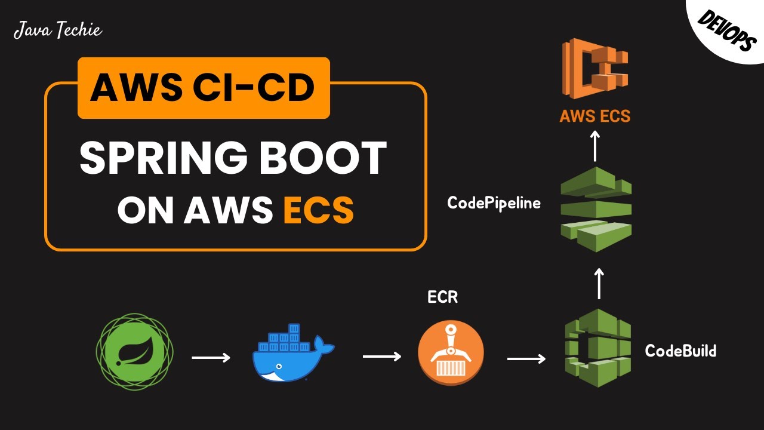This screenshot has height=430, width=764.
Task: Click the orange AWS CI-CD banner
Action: pyautogui.click(x=204, y=88)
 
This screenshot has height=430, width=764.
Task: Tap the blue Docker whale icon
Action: pyautogui.click(x=293, y=354)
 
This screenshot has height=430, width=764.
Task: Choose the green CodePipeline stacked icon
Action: pyautogui.click(x=596, y=208)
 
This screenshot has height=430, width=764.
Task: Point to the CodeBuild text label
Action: pyautogui.click(x=680, y=351)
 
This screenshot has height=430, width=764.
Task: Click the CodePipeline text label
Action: pyautogui.click(x=494, y=203)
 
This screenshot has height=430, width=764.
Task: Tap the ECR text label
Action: pyautogui.click(x=442, y=297)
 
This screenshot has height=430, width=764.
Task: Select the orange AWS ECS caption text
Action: pyautogui.click(x=594, y=115)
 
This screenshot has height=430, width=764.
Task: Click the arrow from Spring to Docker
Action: pyautogui.click(x=211, y=358)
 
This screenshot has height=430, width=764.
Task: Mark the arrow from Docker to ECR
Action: pyautogui.click(x=382, y=357)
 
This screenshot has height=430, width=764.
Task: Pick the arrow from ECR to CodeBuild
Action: pyautogui.click(x=526, y=359)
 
